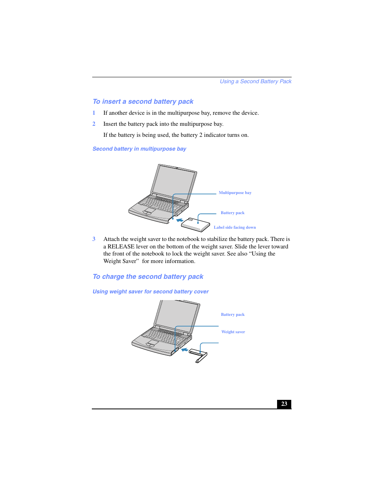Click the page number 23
tap(284, 404)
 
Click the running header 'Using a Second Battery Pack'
tap(255, 81)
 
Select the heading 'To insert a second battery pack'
tap(143, 101)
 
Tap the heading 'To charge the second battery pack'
tap(148, 276)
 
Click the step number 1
tap(94, 113)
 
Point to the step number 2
tap(94, 124)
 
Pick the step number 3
tap(94, 239)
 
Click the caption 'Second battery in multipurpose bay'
tap(139, 149)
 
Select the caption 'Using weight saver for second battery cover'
tap(150, 291)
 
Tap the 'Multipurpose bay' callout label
tap(235, 193)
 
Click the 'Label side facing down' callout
tap(235, 228)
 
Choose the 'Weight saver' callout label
tap(233, 332)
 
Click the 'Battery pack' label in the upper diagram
tap(232, 213)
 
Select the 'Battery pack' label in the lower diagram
tap(233, 315)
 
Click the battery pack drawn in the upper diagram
tap(195, 225)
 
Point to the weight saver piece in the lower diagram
tap(199, 355)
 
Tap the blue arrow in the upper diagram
tap(180, 220)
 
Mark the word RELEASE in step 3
tap(121, 246)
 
